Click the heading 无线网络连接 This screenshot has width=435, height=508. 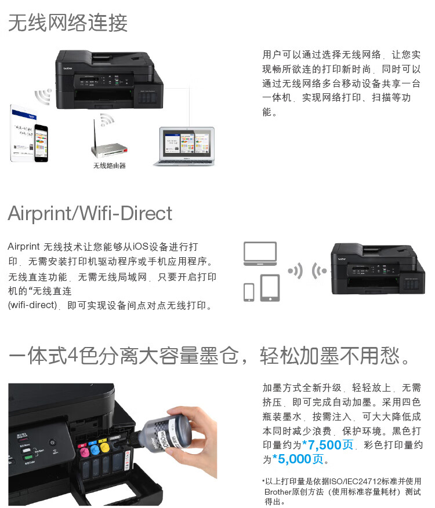point(68,23)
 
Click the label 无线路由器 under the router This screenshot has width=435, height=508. point(110,166)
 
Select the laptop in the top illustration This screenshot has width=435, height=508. point(184,147)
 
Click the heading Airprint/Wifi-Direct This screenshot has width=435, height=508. point(90,213)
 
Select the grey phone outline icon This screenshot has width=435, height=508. point(249,292)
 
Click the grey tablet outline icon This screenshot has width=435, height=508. point(270,288)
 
